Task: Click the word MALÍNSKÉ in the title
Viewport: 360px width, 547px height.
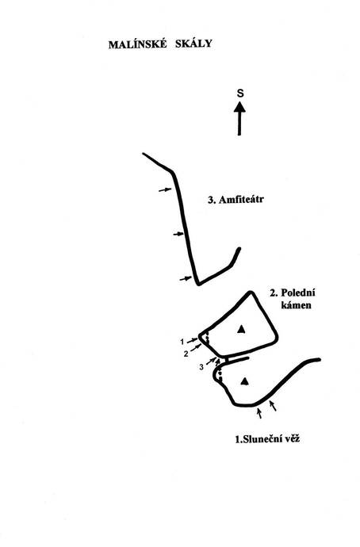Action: tap(138, 44)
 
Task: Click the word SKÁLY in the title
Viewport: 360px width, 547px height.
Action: tap(193, 44)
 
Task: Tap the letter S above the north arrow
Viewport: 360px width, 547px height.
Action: tap(240, 93)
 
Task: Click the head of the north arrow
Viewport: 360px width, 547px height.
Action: tap(239, 107)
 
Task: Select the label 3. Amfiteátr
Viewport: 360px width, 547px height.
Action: tap(236, 200)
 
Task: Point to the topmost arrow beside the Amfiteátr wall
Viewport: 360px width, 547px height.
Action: tap(165, 190)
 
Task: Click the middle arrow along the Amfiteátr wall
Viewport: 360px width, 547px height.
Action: tap(178, 234)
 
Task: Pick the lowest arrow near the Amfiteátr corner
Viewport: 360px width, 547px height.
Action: tap(186, 278)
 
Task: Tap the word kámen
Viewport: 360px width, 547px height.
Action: tap(296, 305)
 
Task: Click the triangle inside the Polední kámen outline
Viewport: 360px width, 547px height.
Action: tap(241, 329)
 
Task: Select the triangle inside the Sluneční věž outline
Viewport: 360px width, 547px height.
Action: tap(245, 381)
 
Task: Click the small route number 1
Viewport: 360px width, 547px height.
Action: tap(182, 342)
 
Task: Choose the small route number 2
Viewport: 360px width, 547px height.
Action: tap(186, 354)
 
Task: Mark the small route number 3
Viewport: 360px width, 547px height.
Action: tap(201, 367)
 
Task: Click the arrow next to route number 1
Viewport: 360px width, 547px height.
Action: tap(192, 340)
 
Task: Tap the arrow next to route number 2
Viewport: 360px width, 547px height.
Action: tap(196, 347)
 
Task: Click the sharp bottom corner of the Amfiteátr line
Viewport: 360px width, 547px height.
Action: tap(198, 284)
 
